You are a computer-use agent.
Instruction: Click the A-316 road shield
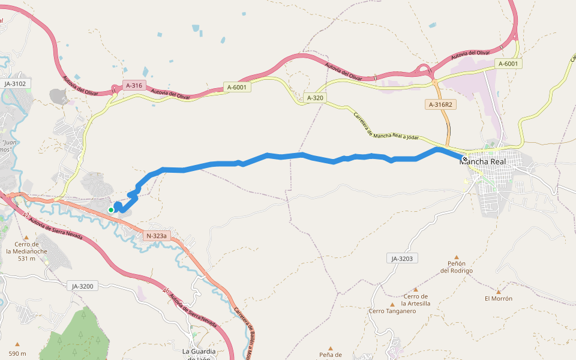[x=134, y=86]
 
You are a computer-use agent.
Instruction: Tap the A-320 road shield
[x=315, y=97]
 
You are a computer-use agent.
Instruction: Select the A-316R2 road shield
[x=441, y=104]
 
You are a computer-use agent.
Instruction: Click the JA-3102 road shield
[x=15, y=83]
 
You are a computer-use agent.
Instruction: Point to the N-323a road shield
[x=156, y=236]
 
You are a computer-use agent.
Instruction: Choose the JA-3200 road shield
[x=82, y=286]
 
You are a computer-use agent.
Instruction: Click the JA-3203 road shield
[x=403, y=259]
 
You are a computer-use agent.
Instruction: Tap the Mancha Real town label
[x=487, y=161]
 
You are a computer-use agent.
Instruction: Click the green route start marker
[x=111, y=209]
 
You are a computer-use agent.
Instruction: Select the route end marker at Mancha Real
[x=465, y=159]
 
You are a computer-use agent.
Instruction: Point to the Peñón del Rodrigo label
[x=457, y=267]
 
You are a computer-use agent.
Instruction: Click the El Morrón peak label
[x=499, y=298]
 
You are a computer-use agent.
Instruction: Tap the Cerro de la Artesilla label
[x=416, y=300]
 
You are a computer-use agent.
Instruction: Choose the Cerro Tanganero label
[x=392, y=311]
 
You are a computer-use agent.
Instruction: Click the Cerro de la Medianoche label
[x=28, y=248]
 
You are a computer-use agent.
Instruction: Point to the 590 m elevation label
[x=17, y=354]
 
